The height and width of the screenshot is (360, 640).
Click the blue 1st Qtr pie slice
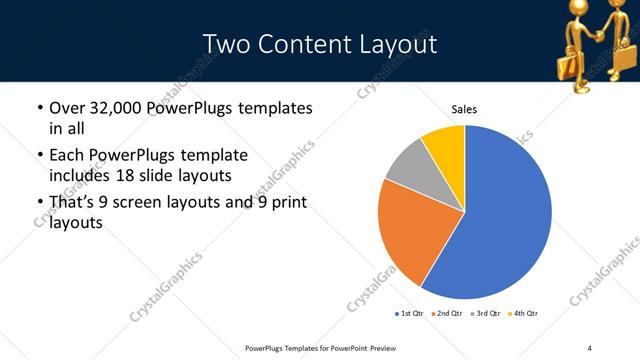pos(500,220)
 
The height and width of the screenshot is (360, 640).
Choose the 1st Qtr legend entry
pos(410,314)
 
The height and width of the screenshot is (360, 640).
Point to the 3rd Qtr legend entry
pos(488,314)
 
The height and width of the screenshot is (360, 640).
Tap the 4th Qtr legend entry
pos(526,314)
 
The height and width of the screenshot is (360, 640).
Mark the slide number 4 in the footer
pos(589,347)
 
